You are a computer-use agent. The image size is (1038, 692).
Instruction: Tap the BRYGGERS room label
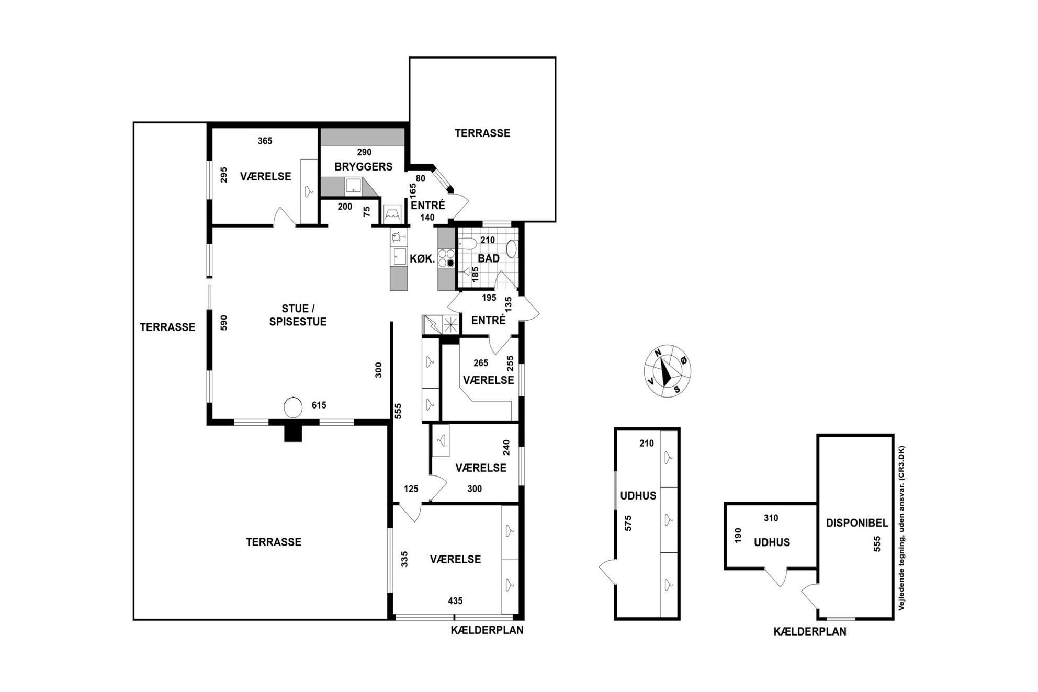click(364, 167)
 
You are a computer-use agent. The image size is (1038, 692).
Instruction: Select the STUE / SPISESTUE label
click(298, 315)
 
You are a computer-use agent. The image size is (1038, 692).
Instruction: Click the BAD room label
click(489, 258)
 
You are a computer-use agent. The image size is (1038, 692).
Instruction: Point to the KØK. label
click(422, 258)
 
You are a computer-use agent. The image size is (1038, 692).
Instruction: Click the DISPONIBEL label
click(857, 523)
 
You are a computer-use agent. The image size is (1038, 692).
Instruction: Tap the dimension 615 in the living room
click(319, 405)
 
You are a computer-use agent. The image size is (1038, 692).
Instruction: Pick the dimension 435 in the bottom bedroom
click(455, 601)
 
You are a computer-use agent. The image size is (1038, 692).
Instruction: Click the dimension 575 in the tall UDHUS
click(629, 523)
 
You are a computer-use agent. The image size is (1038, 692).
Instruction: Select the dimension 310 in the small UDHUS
click(771, 518)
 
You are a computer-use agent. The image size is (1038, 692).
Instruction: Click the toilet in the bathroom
click(467, 243)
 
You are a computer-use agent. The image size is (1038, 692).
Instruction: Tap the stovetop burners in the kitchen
click(446, 258)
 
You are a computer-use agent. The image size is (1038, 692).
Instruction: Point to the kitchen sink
click(400, 256)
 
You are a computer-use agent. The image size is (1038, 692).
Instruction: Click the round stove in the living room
click(293, 408)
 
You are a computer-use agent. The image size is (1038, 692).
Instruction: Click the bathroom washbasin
click(512, 249)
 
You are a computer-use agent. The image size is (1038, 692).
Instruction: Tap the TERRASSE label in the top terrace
click(482, 133)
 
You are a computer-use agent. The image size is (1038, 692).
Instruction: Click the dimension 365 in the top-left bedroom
click(265, 141)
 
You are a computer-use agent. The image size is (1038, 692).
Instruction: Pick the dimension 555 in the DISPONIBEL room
click(877, 544)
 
